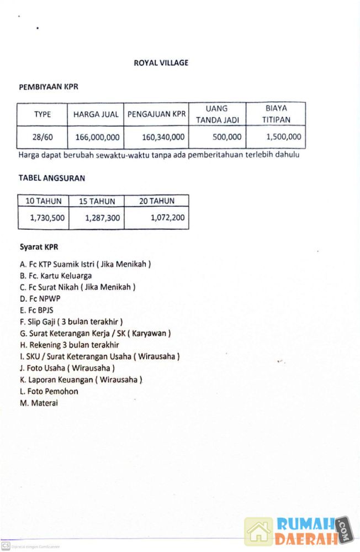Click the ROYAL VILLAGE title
161,63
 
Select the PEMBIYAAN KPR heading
49,87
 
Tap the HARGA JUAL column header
96,114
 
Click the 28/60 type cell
42,137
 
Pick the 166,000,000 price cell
96,137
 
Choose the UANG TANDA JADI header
216,114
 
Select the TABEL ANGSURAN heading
52,178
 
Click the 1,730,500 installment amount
47,218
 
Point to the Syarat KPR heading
39,247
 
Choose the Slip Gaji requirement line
71,322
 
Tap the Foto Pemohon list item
49,391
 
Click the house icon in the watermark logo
259,531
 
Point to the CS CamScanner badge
6,546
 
